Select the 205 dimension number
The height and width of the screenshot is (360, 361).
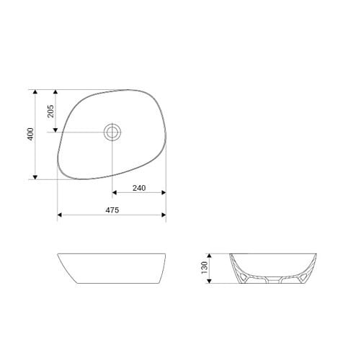[x=50, y=111]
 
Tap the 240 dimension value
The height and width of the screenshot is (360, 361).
[x=139, y=188]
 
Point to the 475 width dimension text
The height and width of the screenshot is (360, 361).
[x=112, y=210]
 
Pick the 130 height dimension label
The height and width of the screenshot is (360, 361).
[x=205, y=267]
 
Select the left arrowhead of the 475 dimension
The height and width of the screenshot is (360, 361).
[x=60, y=215]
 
